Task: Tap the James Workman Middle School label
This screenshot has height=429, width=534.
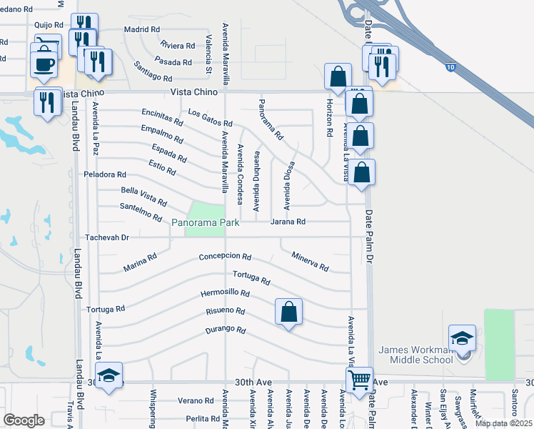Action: tap(415, 355)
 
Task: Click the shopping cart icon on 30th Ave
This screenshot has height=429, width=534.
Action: tap(359, 380)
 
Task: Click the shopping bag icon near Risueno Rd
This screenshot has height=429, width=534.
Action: tap(288, 312)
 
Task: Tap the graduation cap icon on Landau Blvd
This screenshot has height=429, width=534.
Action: tap(109, 375)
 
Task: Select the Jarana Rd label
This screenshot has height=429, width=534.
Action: tap(288, 222)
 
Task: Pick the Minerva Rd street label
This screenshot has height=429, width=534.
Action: tap(310, 262)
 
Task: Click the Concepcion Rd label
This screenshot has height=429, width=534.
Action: tap(225, 257)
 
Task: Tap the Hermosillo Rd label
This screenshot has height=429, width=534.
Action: tap(225, 293)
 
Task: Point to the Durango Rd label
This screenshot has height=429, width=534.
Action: tap(226, 330)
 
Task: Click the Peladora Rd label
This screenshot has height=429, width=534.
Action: tap(105, 174)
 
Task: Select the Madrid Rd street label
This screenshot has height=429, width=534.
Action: tap(141, 29)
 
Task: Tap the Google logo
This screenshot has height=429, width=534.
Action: tap(24, 420)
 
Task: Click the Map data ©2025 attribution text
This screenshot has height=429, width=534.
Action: tap(503, 423)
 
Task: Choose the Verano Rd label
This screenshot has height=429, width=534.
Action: tap(196, 400)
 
